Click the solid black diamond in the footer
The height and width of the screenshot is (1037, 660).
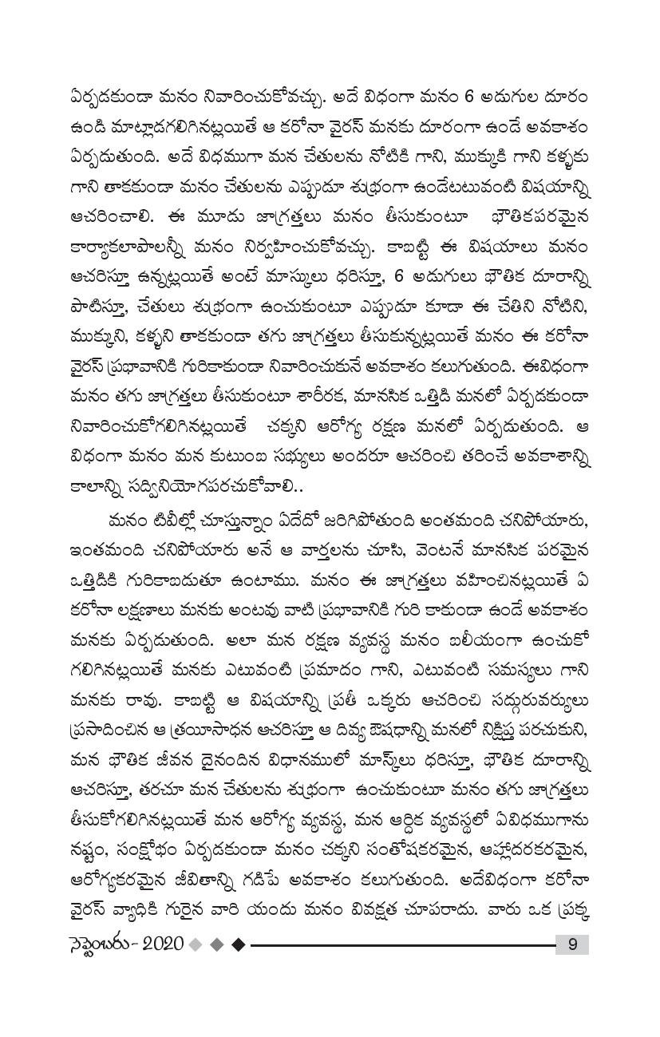[238, 944]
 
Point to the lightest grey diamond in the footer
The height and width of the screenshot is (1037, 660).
[196, 944]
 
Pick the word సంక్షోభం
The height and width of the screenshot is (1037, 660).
[153, 849]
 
